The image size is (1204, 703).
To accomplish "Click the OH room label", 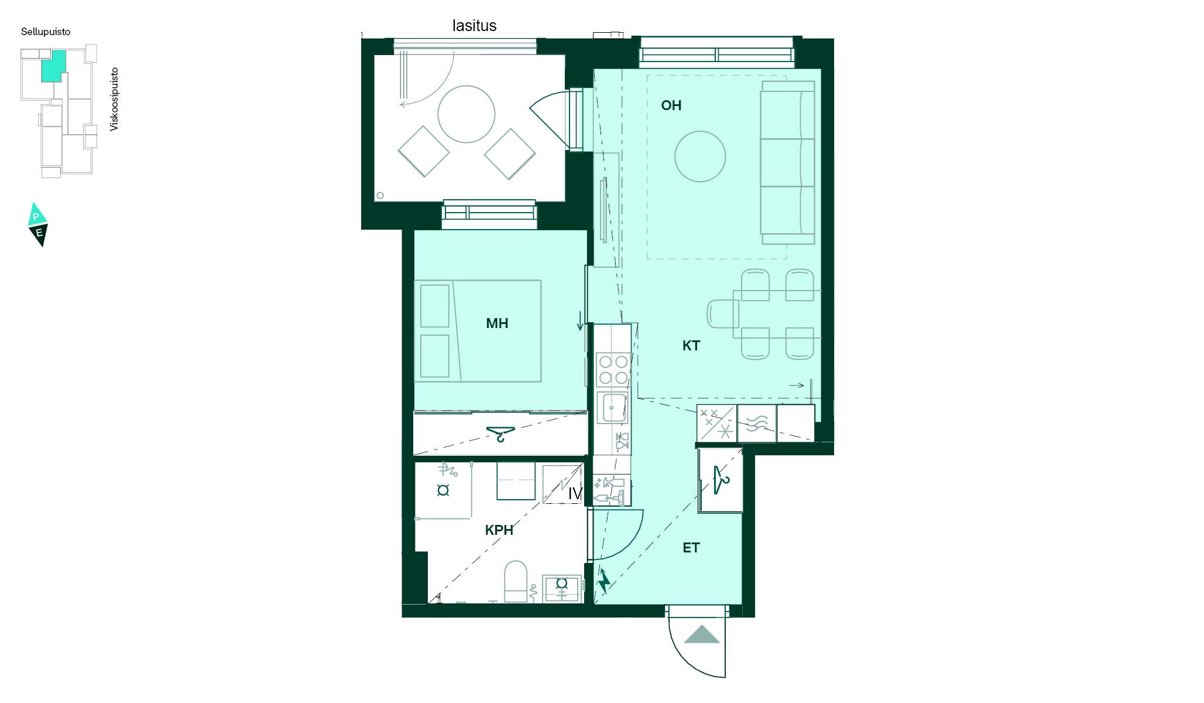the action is (671, 105).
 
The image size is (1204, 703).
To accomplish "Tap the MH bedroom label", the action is (497, 323).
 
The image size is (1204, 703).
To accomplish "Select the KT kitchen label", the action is (691, 346).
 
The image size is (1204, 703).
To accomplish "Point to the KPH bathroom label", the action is (499, 530).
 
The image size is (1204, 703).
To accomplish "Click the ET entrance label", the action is (691, 548).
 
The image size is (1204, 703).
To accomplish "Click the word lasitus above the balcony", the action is (474, 26).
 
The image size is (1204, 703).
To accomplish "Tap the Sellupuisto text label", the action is (46, 32).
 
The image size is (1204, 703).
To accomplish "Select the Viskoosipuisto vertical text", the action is (114, 99).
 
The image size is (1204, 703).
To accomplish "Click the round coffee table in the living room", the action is (700, 156).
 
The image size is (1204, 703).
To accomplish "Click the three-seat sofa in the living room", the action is (787, 163).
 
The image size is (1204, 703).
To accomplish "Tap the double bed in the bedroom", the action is (478, 331).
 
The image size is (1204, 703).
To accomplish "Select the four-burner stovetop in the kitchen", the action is (613, 370).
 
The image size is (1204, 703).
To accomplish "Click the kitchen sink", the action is (612, 408).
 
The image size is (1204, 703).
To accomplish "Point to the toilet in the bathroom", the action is (516, 581).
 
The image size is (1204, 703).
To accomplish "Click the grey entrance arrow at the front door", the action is (701, 634).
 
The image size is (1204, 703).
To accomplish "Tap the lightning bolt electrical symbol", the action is (603, 581).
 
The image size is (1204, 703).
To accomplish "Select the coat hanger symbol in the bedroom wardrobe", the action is (500, 434).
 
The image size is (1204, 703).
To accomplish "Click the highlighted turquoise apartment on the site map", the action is (53, 66).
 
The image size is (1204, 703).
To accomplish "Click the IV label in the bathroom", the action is (575, 494).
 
